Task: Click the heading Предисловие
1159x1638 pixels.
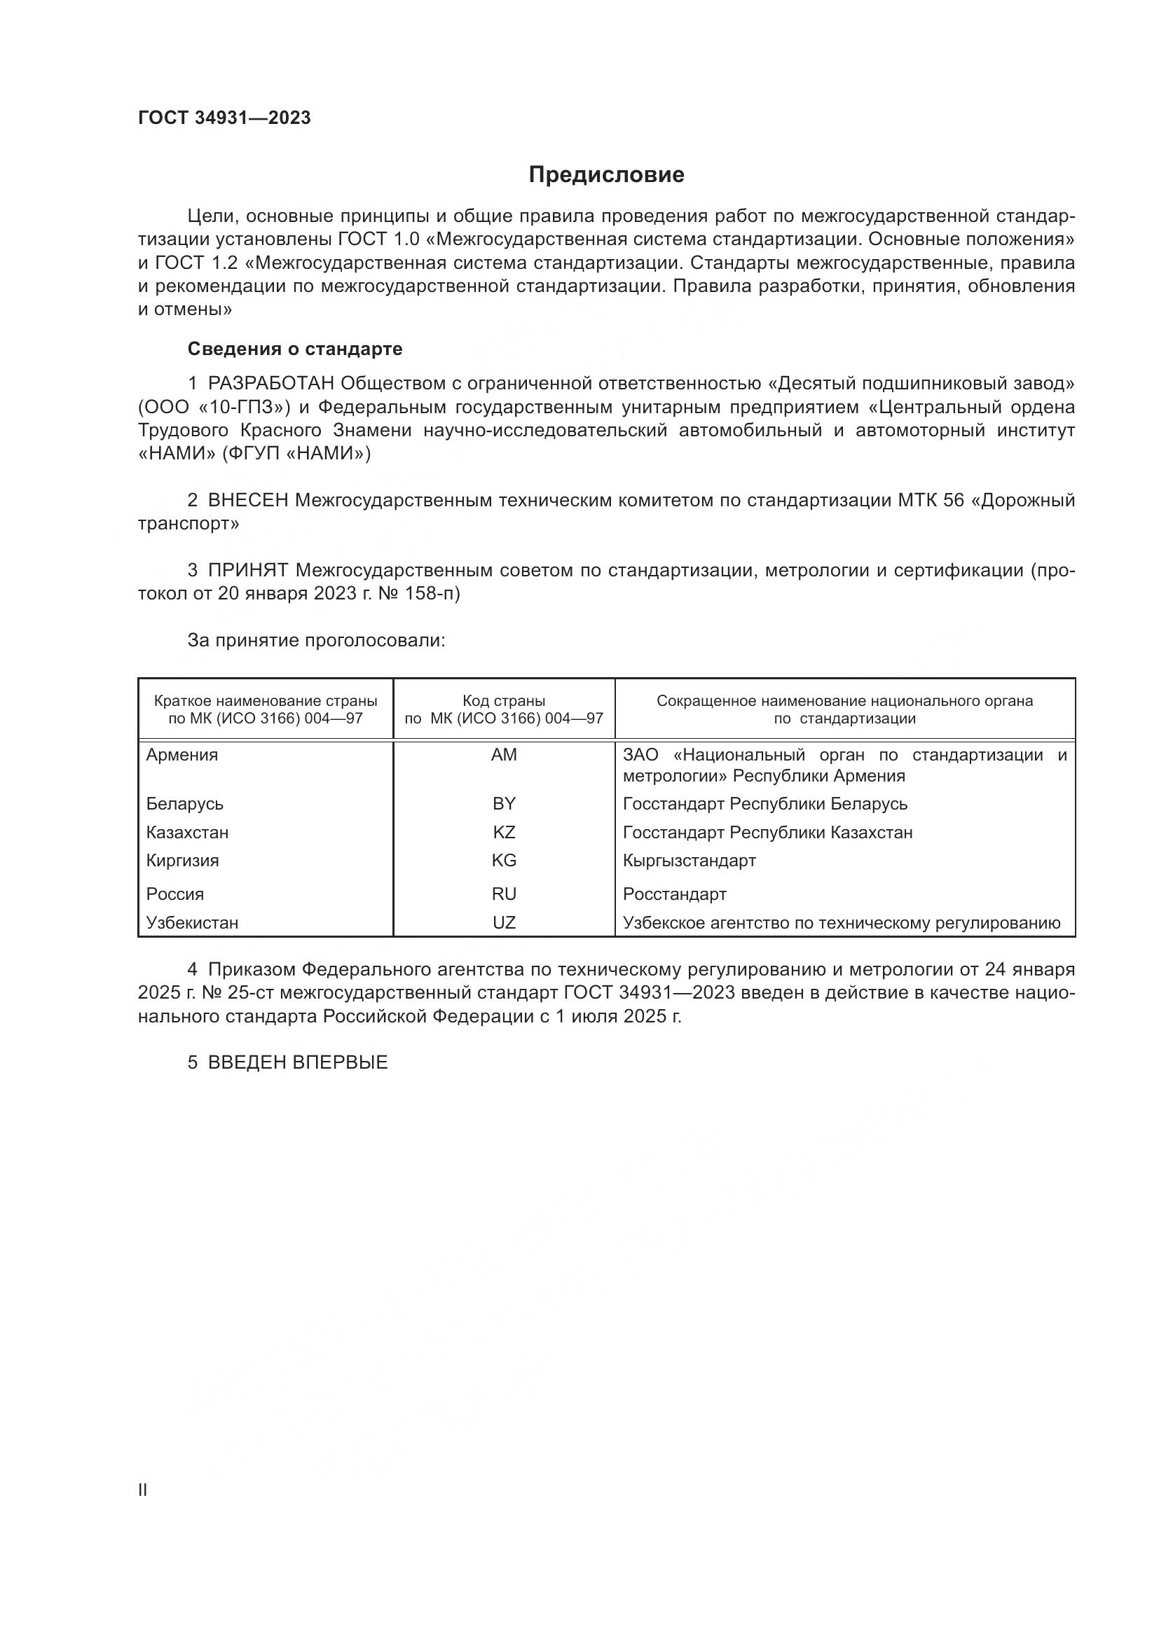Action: coord(606,175)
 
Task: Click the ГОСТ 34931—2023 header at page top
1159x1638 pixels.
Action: coord(224,118)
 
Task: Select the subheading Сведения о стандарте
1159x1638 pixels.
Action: coord(295,349)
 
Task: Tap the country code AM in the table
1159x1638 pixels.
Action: coord(503,755)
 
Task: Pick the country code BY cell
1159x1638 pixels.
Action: coord(503,804)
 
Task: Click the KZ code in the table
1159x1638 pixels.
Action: coord(503,833)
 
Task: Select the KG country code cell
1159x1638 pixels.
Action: coord(503,861)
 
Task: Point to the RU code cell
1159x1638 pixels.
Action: coord(503,894)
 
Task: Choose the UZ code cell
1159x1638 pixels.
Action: coord(503,922)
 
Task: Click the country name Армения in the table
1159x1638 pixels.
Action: coord(182,755)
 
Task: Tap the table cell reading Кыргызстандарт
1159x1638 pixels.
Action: coord(689,861)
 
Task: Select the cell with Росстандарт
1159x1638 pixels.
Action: coord(674,894)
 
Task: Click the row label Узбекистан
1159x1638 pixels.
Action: coord(192,922)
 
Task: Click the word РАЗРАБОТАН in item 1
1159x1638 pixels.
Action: coord(270,384)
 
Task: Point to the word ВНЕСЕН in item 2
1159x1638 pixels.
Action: coord(247,500)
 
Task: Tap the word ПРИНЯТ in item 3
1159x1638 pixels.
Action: coord(247,570)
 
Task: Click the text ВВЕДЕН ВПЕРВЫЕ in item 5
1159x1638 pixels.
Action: coord(298,1062)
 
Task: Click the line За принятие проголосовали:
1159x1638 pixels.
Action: coord(316,640)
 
